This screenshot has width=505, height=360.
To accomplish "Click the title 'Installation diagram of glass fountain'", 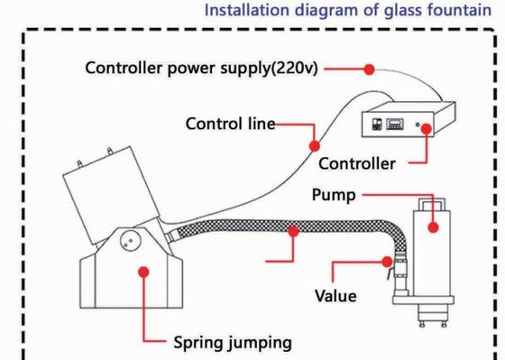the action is coord(348,11).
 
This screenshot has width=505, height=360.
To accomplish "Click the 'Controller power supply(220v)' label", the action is coord(202,69).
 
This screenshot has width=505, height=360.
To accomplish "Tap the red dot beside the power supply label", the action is coord(369,69).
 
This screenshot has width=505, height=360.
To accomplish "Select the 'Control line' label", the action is coord(230,124).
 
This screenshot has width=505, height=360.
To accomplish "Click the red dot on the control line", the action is coord(315,146).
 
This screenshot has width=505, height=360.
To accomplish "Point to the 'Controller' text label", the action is coord(357,163).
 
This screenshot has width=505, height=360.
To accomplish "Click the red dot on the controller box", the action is coord(427,129).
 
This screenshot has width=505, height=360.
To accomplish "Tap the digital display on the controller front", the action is coord(395,125).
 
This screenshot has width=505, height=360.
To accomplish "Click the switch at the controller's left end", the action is coord(377,125).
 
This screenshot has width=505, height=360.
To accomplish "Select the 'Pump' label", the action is coord(334,195).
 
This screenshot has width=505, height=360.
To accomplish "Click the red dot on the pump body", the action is coord(433,227).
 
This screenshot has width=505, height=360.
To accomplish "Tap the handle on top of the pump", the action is coord(432,204).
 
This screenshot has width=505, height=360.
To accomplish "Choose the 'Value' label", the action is coord(335,296).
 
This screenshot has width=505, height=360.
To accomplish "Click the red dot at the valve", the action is coord(387,262).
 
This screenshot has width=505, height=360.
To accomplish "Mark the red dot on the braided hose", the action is coord(293,231).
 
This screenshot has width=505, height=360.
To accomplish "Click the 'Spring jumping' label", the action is coord(233,343).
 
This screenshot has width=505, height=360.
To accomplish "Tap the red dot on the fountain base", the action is coord(143,272).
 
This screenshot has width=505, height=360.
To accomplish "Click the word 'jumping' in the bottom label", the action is coord(261,343).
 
